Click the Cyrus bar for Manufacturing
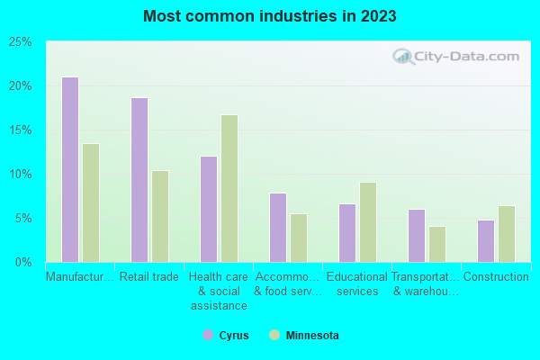point(69,169)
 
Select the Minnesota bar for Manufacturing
point(91,202)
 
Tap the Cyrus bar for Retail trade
point(139,180)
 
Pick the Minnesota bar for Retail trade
point(160,216)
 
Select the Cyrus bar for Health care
point(208,209)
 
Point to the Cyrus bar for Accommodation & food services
point(277,227)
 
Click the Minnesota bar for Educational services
point(368,221)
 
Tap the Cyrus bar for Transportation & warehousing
point(416,235)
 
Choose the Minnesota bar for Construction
point(507,233)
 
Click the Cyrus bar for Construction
point(485,240)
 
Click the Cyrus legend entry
point(226,336)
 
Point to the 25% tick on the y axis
point(21,42)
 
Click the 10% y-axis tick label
point(21,174)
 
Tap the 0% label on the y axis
point(23,262)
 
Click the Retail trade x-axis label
point(149,277)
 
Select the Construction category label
point(496,277)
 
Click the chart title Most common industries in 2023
point(269,16)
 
